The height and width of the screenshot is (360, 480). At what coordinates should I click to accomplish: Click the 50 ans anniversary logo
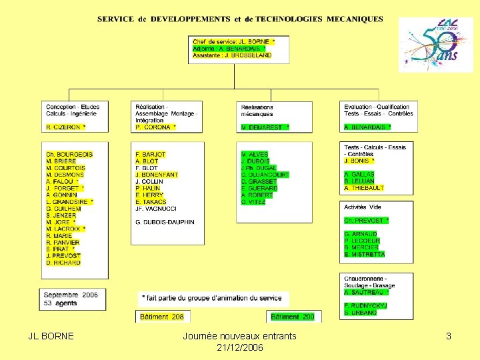click(x=436, y=45)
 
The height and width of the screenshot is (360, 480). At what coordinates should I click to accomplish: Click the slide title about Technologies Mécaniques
click(x=240, y=19)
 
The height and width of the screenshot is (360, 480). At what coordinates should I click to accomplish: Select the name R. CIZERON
click(x=65, y=127)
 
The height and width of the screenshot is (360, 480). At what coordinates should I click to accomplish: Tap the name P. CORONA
click(x=155, y=127)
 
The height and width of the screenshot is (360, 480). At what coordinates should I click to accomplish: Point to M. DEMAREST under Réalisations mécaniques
click(x=265, y=127)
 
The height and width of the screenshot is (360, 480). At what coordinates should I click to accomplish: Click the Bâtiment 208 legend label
click(x=161, y=317)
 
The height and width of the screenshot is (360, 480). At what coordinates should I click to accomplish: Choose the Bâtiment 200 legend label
click(x=293, y=317)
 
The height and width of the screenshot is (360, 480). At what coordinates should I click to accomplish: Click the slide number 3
click(x=449, y=337)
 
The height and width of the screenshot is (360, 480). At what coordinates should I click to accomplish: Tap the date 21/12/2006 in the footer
click(x=240, y=348)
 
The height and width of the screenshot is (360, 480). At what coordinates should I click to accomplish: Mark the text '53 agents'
click(x=60, y=303)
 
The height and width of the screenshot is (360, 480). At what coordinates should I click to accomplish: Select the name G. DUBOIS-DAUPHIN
click(x=165, y=222)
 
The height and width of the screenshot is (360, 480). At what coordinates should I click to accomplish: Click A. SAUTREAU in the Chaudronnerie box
click(x=366, y=292)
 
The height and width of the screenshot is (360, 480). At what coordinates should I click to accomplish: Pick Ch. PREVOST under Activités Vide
click(x=366, y=221)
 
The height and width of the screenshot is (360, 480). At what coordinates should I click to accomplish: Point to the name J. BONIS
click(x=359, y=161)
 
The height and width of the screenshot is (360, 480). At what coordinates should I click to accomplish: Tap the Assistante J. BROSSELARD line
click(x=232, y=55)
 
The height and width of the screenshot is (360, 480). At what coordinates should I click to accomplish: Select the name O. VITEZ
click(x=253, y=202)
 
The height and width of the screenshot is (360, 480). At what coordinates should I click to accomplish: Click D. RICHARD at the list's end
click(x=63, y=263)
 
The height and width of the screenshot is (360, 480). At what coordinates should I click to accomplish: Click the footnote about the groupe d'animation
click(x=211, y=297)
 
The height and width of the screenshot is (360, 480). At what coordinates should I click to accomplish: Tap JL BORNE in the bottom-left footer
click(x=51, y=337)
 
